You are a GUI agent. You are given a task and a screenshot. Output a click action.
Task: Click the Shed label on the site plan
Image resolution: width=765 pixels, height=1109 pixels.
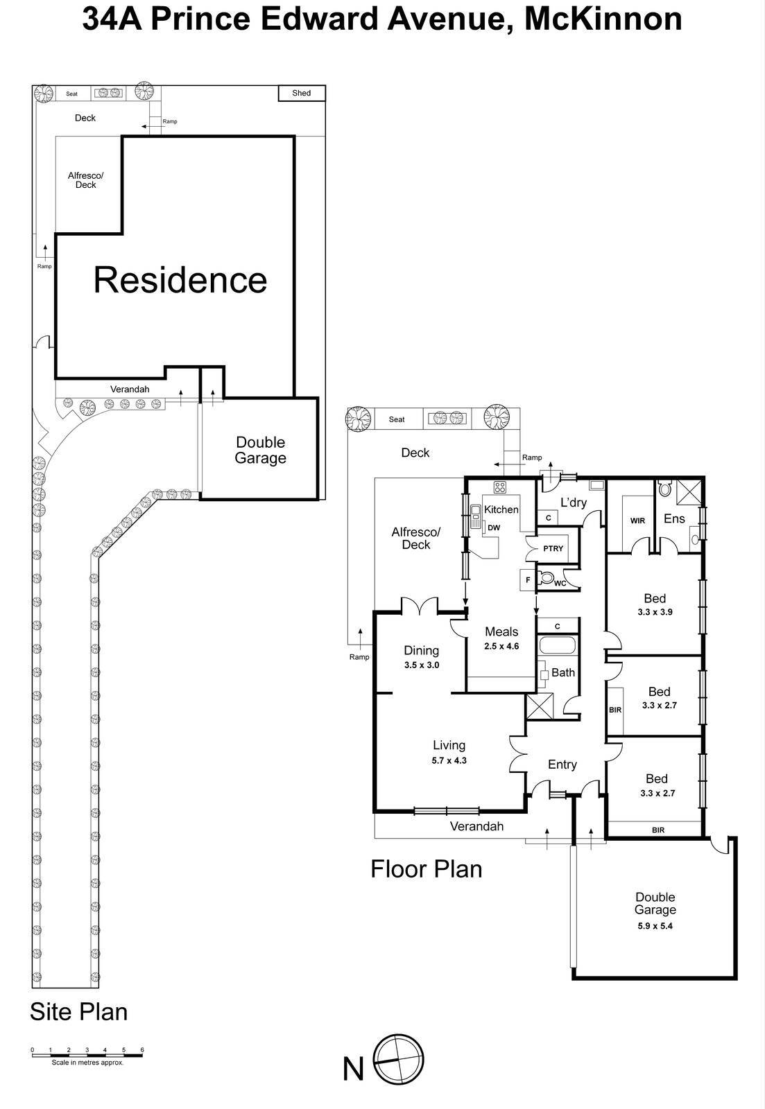tap(301, 93)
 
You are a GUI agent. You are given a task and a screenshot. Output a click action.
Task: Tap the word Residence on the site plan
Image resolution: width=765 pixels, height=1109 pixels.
tap(180, 279)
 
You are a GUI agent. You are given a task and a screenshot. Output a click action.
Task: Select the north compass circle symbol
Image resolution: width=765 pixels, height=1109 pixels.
tap(398, 1060)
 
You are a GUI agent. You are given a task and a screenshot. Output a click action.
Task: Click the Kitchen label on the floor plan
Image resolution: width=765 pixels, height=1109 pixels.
tap(501, 509)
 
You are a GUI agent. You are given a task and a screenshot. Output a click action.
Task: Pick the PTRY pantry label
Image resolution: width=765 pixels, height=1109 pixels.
tap(553, 548)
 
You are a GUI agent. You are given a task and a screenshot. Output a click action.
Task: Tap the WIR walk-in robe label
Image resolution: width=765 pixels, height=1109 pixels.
tap(637, 521)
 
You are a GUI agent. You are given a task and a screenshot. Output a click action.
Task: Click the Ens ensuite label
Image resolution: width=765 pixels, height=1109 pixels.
tap(674, 518)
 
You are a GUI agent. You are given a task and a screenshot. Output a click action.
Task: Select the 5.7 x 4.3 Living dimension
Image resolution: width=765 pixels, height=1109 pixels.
tap(449, 760)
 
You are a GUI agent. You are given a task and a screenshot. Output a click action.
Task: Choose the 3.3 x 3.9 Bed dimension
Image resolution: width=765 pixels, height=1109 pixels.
tap(655, 612)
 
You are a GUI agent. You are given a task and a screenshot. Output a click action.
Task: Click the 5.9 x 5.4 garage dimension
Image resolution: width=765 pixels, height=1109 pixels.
tap(655, 925)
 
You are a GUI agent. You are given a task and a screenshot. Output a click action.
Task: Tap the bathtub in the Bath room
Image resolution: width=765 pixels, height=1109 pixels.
tap(558, 647)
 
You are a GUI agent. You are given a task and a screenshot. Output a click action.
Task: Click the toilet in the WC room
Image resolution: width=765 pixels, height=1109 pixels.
tap(547, 577)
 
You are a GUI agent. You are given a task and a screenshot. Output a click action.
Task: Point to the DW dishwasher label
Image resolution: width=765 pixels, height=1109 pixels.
tap(493, 527)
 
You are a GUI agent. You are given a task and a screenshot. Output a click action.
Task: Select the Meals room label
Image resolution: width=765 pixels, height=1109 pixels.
tap(501, 631)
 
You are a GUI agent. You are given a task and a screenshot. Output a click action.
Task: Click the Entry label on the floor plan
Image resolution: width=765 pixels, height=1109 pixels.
tap(562, 765)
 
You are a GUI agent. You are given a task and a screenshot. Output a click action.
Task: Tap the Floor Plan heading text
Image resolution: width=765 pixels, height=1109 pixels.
tap(426, 868)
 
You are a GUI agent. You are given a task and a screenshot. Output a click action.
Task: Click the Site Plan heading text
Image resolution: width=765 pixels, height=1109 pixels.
tap(78, 1011)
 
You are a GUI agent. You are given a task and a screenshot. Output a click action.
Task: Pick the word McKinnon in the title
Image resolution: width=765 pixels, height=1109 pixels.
tap(603, 19)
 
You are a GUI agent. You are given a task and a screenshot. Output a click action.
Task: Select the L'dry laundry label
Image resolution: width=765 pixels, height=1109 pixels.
tap(574, 503)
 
